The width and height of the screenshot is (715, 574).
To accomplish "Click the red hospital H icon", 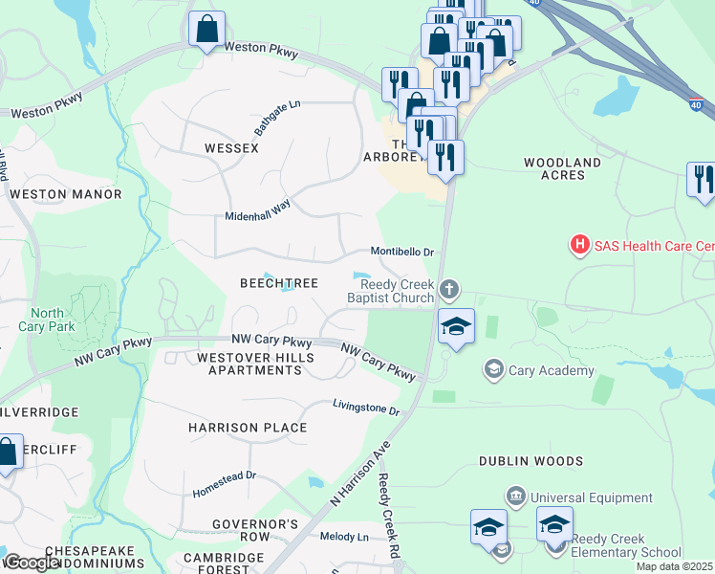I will [579, 246].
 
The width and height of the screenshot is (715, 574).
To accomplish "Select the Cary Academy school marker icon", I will [493, 369].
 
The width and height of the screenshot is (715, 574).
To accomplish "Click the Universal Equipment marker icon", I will [515, 497].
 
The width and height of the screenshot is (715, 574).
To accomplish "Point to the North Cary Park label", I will [47, 320].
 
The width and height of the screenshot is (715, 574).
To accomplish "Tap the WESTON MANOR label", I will [65, 194].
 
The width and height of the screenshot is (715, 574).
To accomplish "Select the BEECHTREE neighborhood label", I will [278, 283].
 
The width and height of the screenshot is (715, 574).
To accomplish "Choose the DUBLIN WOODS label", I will [531, 461].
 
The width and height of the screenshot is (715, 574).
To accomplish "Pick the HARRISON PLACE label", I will [248, 428].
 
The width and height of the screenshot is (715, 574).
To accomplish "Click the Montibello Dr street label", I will [402, 253].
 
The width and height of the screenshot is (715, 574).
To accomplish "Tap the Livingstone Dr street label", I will [365, 408].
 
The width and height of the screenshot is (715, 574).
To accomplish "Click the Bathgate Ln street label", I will [277, 118].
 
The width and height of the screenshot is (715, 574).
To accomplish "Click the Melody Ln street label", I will [344, 538].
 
